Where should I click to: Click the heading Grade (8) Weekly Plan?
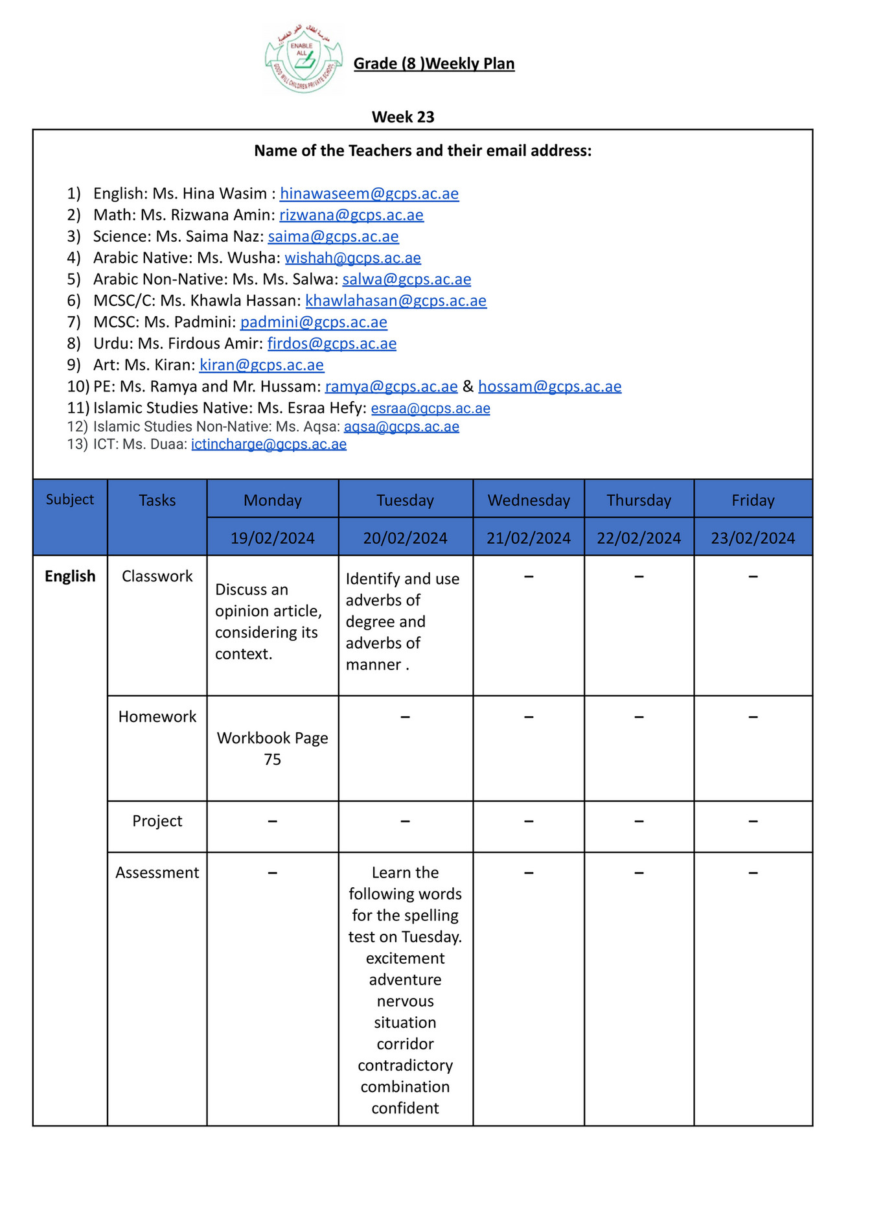click(433, 64)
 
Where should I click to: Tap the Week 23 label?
click(403, 117)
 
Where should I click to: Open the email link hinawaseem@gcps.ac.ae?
click(369, 194)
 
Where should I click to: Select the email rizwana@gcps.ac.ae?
click(351, 215)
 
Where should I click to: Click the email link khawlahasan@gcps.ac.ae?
click(396, 301)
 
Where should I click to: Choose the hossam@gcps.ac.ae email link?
click(549, 387)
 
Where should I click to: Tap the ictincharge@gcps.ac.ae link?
click(268, 445)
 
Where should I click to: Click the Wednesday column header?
click(529, 500)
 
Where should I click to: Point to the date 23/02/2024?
click(752, 538)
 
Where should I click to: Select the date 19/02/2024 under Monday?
click(272, 538)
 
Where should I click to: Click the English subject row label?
click(70, 576)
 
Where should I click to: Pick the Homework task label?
click(157, 716)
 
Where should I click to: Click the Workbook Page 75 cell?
click(272, 749)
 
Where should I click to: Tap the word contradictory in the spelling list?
click(405, 1065)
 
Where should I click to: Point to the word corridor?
click(405, 1044)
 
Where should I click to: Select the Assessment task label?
click(157, 872)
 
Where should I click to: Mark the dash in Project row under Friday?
click(753, 821)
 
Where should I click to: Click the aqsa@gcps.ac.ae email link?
click(401, 427)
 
